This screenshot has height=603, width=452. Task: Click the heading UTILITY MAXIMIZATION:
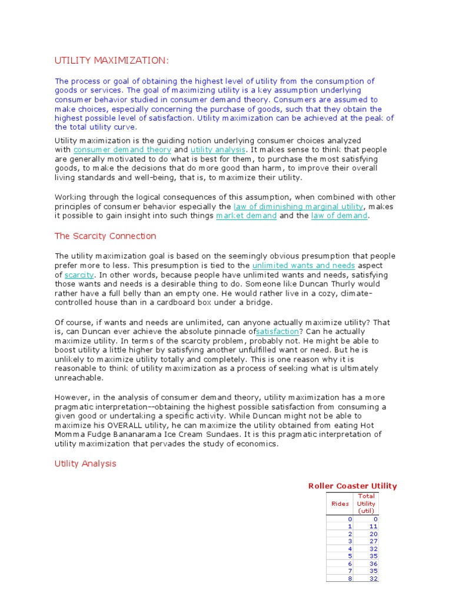tap(111, 60)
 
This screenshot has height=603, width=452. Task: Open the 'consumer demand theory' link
tap(122, 150)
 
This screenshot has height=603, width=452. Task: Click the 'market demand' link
tap(246, 216)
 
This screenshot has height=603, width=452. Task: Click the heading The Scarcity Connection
tap(105, 236)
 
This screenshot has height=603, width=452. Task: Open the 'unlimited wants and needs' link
tap(303, 266)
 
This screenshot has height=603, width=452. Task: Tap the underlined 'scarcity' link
tap(79, 275)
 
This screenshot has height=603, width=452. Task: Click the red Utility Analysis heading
tap(85, 463)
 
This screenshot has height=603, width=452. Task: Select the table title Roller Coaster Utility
tap(353, 486)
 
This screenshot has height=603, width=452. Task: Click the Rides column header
tap(340, 503)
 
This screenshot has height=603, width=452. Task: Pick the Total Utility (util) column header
tap(366, 503)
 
